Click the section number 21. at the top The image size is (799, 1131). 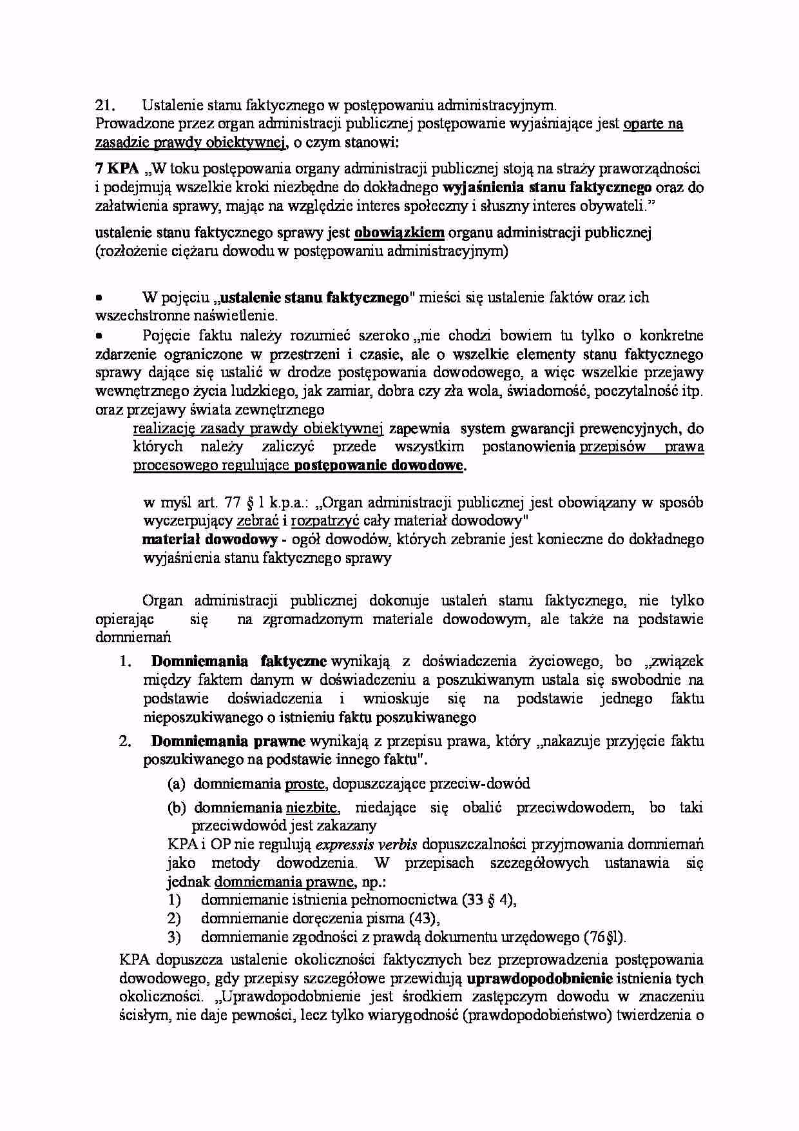(x=104, y=105)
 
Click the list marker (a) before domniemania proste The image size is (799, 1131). (x=177, y=784)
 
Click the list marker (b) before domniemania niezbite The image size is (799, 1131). (x=177, y=807)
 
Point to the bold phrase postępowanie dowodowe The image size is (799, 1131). (x=379, y=466)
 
